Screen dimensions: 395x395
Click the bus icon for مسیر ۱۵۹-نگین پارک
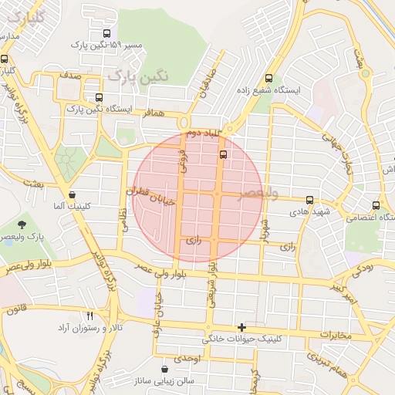tap(106, 33)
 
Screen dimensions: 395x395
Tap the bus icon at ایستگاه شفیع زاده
tap(268, 78)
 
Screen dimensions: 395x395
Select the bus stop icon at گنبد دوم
tap(223, 154)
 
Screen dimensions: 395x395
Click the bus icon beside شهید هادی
tap(309, 200)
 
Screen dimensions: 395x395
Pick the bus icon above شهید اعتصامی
tap(376, 206)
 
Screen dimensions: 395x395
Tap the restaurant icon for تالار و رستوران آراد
tap(89, 316)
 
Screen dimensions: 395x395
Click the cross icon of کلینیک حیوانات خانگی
tap(242, 327)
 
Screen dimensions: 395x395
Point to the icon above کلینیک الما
tap(72, 195)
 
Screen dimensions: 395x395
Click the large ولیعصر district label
tap(258, 193)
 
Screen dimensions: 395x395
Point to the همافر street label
tap(154, 113)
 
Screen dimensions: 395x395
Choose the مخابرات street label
tap(334, 336)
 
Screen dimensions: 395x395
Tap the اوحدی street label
tap(187, 359)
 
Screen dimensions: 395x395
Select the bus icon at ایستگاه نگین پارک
tap(98, 97)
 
